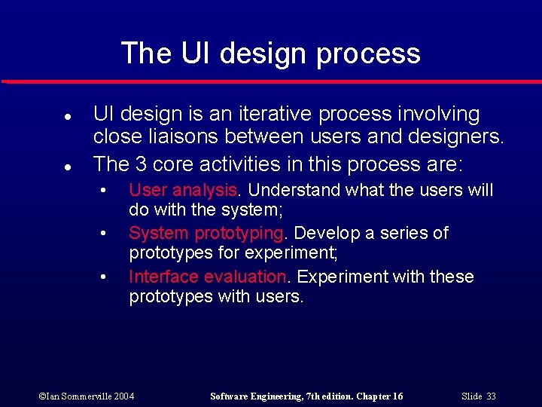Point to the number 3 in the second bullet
(144, 164)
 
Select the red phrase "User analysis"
(183, 190)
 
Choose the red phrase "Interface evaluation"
(207, 277)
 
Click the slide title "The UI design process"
(270, 54)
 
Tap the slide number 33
(491, 396)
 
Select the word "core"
(179, 164)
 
